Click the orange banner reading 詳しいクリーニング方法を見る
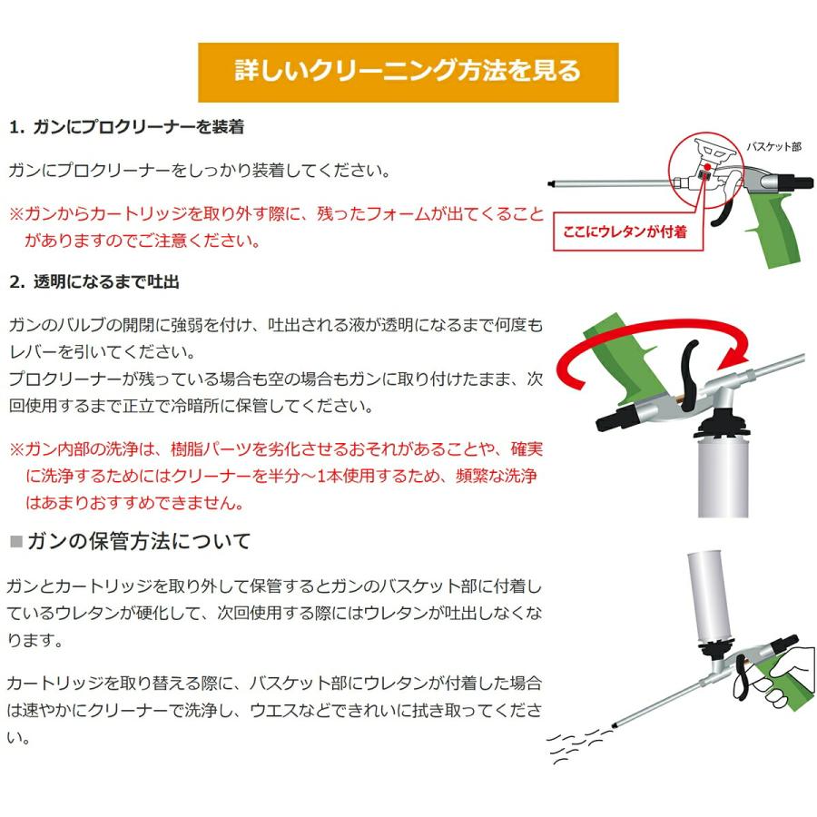[x=408, y=72]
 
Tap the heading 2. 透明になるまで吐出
[x=94, y=281]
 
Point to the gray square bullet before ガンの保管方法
[x=15, y=543]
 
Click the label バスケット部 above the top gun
[x=773, y=145]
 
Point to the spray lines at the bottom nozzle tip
[x=576, y=742]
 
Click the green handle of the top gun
[x=777, y=227]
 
